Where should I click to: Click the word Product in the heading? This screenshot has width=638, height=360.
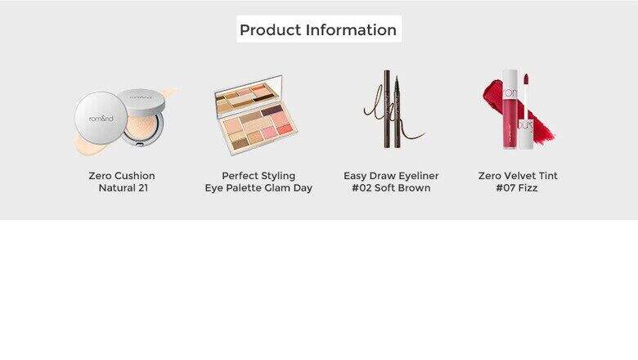(270, 30)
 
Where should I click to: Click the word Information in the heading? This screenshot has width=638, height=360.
(351, 29)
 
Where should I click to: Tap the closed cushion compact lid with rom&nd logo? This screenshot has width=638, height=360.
(101, 118)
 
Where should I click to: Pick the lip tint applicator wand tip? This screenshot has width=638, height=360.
(525, 79)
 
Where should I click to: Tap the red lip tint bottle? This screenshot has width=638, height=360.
(510, 110)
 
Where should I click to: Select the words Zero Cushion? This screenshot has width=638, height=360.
(122, 176)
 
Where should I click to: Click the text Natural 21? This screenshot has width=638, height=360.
(124, 188)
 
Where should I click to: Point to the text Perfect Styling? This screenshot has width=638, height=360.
(258, 176)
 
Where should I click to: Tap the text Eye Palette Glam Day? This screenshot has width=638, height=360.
(258, 188)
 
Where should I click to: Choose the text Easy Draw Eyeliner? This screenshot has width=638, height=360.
(391, 176)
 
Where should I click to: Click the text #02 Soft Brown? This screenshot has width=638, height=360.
(391, 188)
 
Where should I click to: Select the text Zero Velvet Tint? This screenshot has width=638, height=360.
(518, 176)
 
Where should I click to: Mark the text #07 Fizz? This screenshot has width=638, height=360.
(517, 188)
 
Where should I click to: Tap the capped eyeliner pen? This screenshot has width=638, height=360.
(388, 109)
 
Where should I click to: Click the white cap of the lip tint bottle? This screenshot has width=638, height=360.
(525, 134)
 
